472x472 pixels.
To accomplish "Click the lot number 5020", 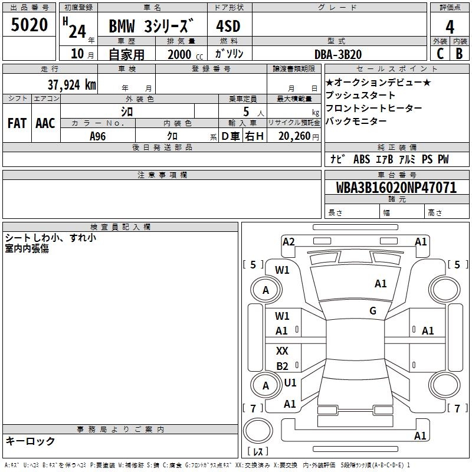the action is [30, 25].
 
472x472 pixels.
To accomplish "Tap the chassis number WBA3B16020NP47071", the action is [396, 188].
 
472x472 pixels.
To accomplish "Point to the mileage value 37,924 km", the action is [71, 84].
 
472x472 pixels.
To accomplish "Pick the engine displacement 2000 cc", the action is [179, 54].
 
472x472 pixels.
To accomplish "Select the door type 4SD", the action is [229, 27].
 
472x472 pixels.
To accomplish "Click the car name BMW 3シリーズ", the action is [152, 27].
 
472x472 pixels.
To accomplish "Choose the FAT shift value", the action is [17, 123].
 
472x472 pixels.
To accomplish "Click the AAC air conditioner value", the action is [45, 123].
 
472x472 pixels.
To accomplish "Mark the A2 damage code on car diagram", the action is [289, 241].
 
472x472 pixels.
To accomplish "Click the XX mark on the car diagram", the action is [282, 351].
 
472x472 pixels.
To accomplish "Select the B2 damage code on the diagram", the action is [282, 366].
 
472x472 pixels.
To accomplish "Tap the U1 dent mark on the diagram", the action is [290, 383].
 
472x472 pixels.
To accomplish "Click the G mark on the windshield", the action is [372, 311].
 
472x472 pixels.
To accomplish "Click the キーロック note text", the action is [30, 441].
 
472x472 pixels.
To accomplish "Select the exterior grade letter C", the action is [440, 54].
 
